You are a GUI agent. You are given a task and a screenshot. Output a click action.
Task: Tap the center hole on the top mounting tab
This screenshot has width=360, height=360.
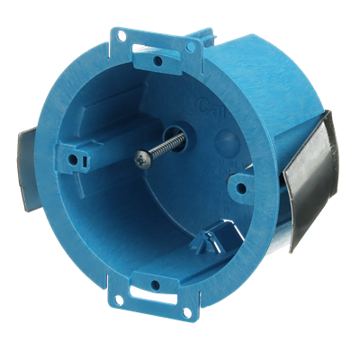156,61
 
